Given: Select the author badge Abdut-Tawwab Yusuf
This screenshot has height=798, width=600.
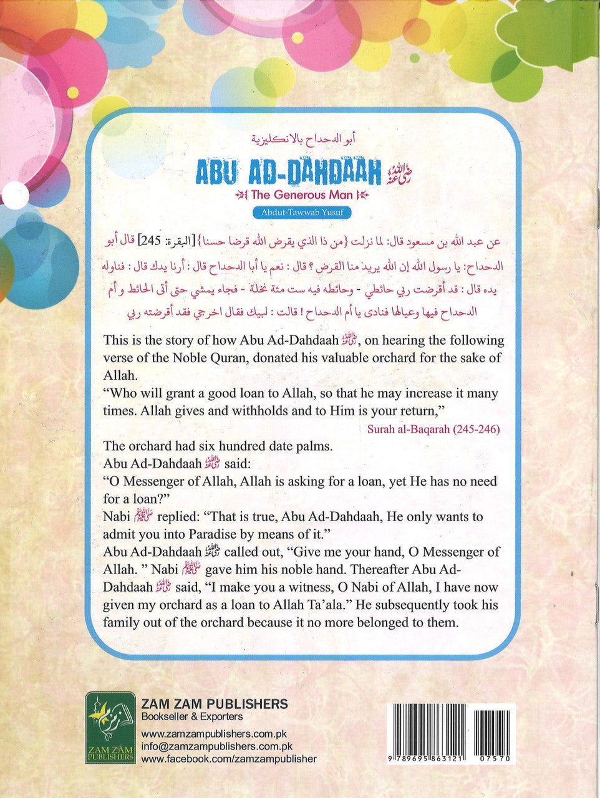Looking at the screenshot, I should click(302, 213).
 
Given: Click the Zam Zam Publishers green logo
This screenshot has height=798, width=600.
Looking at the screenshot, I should click(110, 727).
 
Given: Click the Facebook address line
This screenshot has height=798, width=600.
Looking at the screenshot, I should click(229, 759).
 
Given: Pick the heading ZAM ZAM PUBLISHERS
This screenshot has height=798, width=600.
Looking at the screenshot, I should click(215, 704).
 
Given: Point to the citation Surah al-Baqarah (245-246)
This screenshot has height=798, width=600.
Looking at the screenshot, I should click(433, 429).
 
